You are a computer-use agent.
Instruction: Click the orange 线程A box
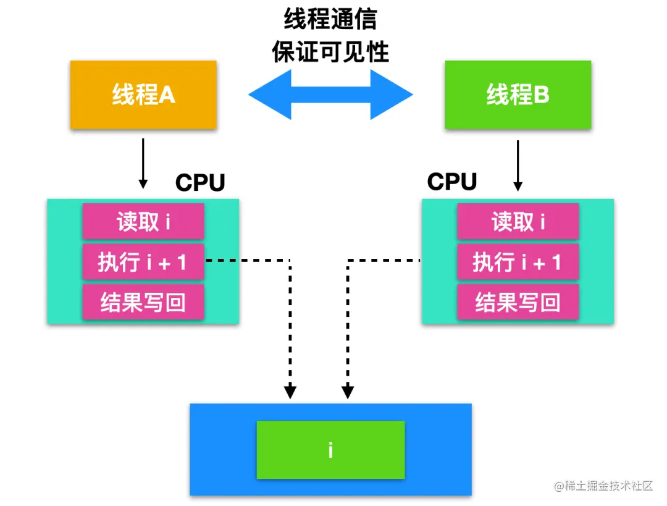pos(143,95)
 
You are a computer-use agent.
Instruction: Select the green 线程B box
pos(518,95)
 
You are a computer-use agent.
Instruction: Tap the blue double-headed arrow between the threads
pos(330,95)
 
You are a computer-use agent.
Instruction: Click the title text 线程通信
pos(330,20)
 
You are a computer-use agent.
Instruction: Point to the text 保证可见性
pos(330,52)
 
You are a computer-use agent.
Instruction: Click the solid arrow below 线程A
pos(143,163)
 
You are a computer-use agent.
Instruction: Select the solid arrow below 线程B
pos(518,165)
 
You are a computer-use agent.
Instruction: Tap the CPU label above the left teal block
pos(200,183)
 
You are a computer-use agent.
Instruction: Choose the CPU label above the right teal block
pos(452,182)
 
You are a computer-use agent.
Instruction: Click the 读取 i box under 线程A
pos(143,221)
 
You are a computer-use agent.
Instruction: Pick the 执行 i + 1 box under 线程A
pos(143,262)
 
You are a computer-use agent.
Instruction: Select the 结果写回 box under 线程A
pos(143,302)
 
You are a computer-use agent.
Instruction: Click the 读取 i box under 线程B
pos(518,221)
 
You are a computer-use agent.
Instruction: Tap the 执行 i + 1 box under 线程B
pos(518,262)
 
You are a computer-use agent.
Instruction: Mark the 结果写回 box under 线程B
pos(518,302)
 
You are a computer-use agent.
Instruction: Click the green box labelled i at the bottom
pos(330,450)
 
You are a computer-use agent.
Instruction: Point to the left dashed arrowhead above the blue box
pos(290,391)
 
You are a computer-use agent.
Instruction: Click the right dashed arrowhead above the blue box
pos(348,391)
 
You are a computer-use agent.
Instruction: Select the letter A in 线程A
pos(167,95)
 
